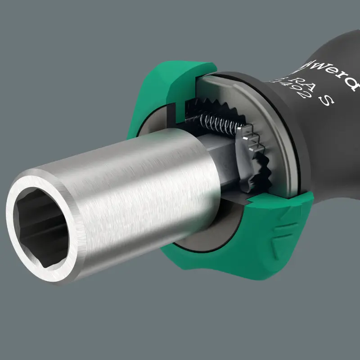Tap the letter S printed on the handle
328,100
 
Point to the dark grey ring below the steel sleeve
198,238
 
